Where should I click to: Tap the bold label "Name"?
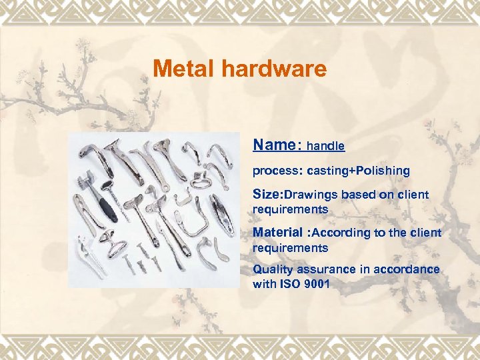point(273,145)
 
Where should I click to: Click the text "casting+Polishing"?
point(359,171)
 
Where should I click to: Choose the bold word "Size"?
point(267,195)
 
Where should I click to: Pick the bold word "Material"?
point(277,233)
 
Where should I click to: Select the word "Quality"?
point(272,269)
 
